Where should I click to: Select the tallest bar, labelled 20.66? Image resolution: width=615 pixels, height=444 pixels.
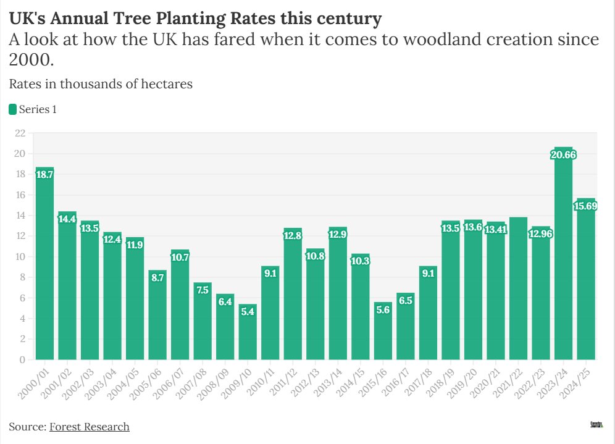pyautogui.click(x=563, y=259)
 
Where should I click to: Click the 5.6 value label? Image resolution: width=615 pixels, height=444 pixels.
pyautogui.click(x=383, y=310)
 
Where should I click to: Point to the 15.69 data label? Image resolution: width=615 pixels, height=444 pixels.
pyautogui.click(x=585, y=206)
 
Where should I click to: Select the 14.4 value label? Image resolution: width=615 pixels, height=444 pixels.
pyautogui.click(x=67, y=219)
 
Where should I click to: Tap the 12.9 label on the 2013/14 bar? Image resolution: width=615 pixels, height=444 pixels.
pyautogui.click(x=338, y=234)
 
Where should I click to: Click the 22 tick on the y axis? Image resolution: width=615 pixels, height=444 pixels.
pyautogui.click(x=20, y=133)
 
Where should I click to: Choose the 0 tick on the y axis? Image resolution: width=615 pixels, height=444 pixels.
pyautogui.click(x=22, y=359)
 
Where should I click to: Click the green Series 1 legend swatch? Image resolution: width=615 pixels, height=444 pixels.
pyautogui.click(x=12, y=109)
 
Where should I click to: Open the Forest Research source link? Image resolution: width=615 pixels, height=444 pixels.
pyautogui.click(x=89, y=427)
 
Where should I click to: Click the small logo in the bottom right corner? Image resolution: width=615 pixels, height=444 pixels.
pyautogui.click(x=596, y=425)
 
